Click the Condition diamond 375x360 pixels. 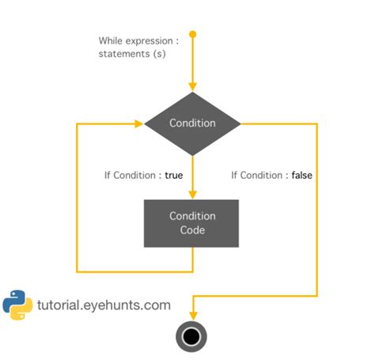(192, 123)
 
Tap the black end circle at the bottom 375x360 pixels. (192, 336)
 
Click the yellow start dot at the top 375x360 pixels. (192, 34)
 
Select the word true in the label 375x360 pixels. (174, 175)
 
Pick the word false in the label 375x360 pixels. (301, 175)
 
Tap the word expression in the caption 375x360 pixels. (150, 40)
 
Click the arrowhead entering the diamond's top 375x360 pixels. (192, 88)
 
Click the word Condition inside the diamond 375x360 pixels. (192, 123)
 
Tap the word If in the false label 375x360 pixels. (235, 175)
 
